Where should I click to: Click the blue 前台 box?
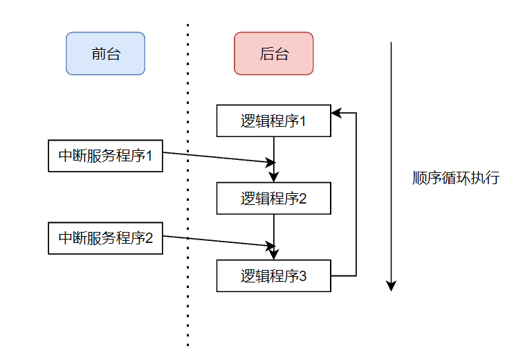(105, 53)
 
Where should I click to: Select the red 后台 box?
(273, 53)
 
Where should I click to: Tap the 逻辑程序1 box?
(274, 121)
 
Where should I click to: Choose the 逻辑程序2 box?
(274, 199)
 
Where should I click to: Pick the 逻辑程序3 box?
(274, 276)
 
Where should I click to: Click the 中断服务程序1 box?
(105, 156)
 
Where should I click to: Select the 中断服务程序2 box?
(105, 238)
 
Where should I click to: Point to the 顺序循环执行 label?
(455, 177)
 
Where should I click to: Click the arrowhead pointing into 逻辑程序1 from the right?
(336, 113)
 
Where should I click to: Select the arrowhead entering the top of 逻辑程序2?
(274, 177)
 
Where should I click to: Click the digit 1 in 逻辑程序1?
(302, 122)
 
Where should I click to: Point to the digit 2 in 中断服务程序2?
(148, 239)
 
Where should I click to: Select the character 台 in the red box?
(282, 54)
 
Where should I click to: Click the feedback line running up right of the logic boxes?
(356, 194)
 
